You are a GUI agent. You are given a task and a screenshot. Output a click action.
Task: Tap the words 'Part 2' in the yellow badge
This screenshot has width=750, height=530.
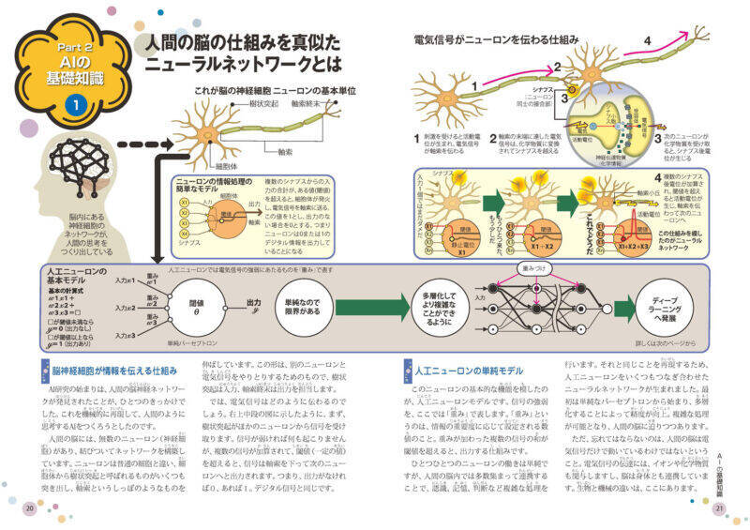tap(74, 46)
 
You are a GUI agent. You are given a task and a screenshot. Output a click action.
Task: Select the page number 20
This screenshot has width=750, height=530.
tap(30, 507)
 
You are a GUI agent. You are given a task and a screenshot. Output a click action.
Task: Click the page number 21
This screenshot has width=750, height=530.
tap(720, 507)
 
